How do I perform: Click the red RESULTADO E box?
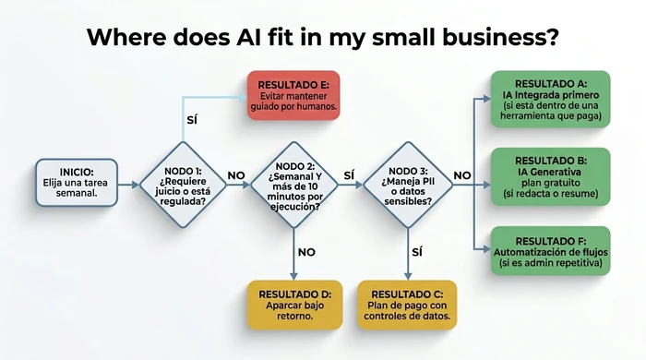(293, 96)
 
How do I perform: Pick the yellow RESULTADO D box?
(293, 304)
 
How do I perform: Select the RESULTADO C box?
(406, 304)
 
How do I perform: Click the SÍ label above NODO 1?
(191, 121)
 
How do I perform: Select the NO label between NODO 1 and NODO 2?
(236, 174)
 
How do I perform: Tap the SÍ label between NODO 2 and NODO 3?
(349, 174)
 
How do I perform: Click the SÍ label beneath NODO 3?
(416, 251)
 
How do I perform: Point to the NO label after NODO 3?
(462, 174)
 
